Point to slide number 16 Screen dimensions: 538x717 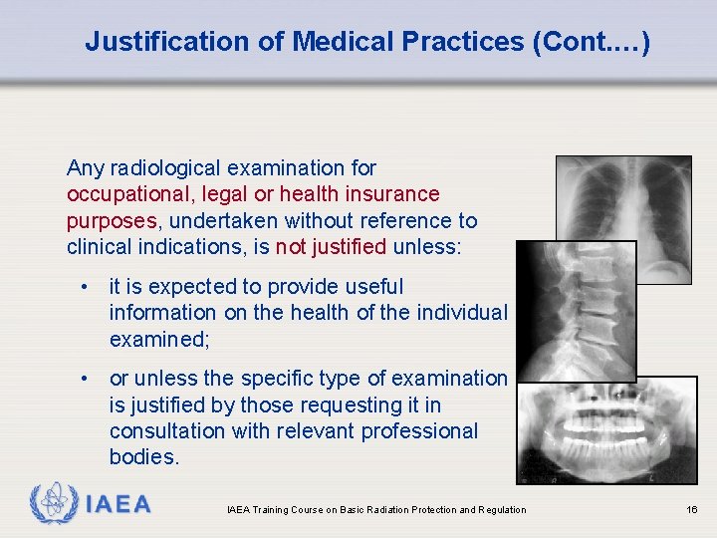(692, 510)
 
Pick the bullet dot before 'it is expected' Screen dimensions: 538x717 (89, 287)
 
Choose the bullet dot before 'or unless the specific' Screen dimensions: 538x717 (89, 379)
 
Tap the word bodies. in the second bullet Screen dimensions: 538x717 (144, 457)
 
